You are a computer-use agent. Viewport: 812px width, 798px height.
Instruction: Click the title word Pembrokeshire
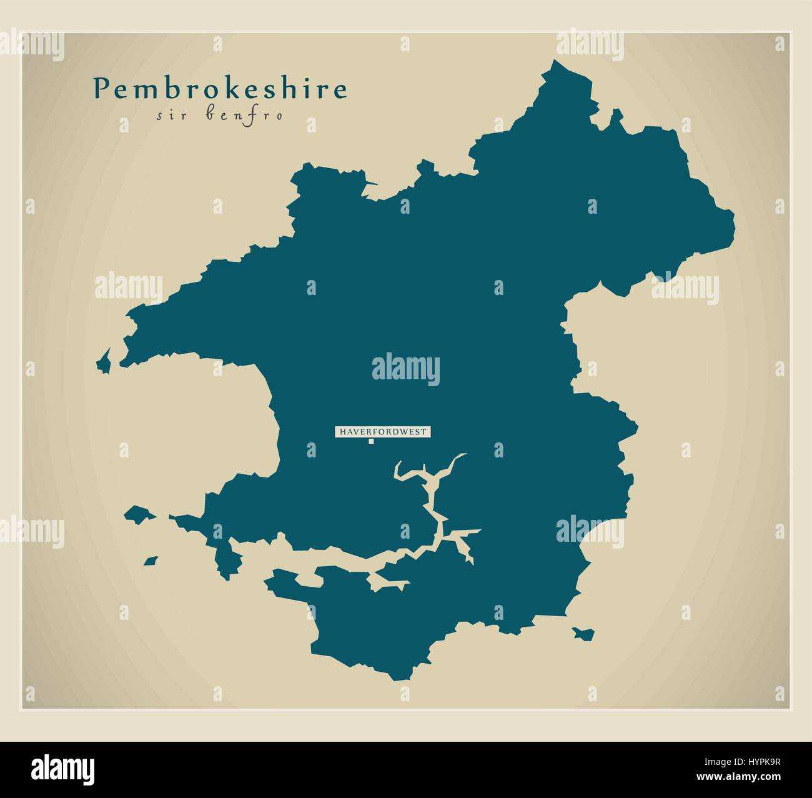click(x=220, y=89)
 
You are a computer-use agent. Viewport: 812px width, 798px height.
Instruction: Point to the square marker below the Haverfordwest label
click(x=371, y=442)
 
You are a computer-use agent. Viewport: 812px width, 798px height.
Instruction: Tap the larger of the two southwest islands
click(x=139, y=514)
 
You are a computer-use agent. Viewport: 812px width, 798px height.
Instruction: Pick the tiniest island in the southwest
click(x=151, y=561)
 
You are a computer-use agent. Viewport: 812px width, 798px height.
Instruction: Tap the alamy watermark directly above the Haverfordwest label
click(x=405, y=369)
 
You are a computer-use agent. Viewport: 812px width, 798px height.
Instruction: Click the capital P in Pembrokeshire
click(x=101, y=89)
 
